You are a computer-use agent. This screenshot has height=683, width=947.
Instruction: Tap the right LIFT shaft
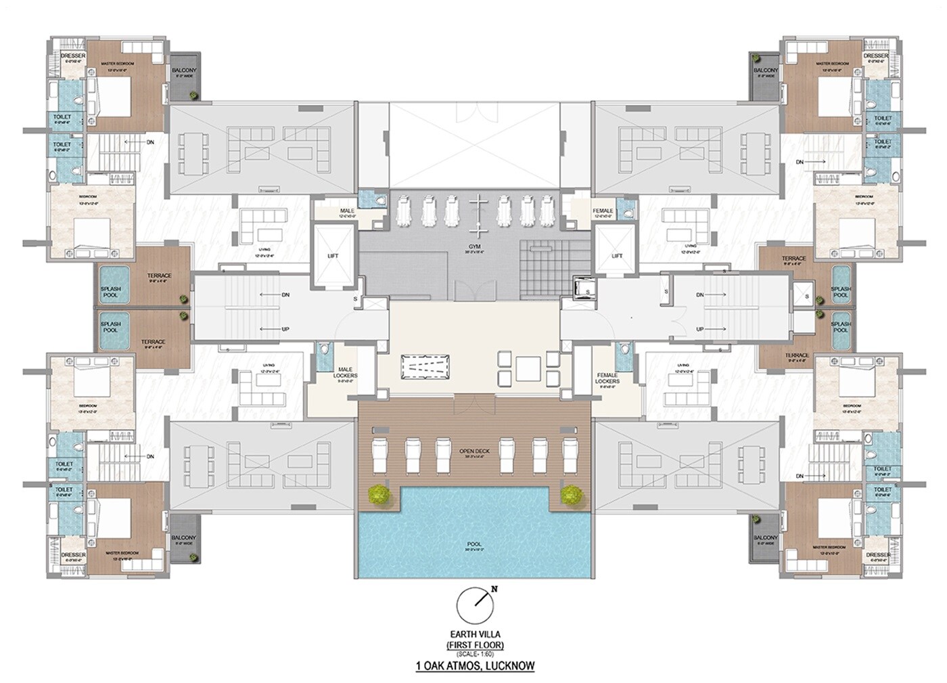point(616,256)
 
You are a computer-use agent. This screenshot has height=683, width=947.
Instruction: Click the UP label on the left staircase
point(285,328)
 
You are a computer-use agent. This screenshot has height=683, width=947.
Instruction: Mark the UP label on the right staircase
point(700,328)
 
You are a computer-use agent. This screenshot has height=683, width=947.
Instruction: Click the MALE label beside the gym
point(347,211)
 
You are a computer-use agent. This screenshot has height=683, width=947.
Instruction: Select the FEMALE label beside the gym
point(602,211)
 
